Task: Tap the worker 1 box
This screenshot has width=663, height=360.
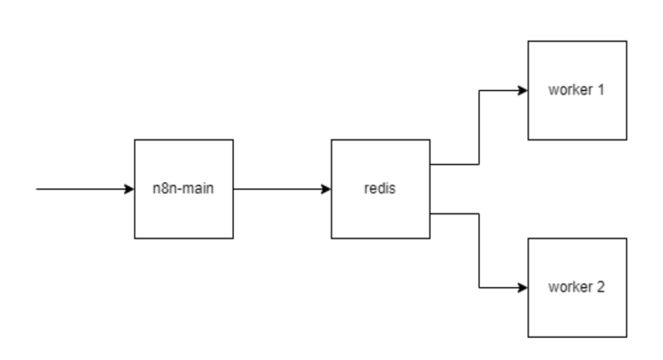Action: tap(577, 115)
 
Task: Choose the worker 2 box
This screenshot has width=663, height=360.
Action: tap(577, 313)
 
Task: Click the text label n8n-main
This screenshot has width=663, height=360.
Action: tap(183, 188)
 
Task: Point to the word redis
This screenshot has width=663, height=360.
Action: tap(380, 188)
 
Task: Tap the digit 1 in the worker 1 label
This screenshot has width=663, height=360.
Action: tap(601, 90)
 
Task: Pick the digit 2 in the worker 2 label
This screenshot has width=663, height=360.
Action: tap(601, 287)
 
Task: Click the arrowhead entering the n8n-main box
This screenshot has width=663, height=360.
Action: tap(129, 188)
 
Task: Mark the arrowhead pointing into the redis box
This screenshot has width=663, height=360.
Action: tap(325, 188)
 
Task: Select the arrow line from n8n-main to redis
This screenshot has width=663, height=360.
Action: tap(279, 188)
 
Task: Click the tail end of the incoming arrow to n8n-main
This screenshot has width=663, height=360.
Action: tap(37, 188)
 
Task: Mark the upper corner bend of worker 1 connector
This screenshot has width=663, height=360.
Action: tap(479, 90)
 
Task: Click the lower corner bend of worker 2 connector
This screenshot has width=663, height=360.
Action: tap(479, 287)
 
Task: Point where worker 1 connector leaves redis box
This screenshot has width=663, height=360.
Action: tap(432, 164)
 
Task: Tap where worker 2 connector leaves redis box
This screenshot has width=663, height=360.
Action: tap(432, 213)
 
